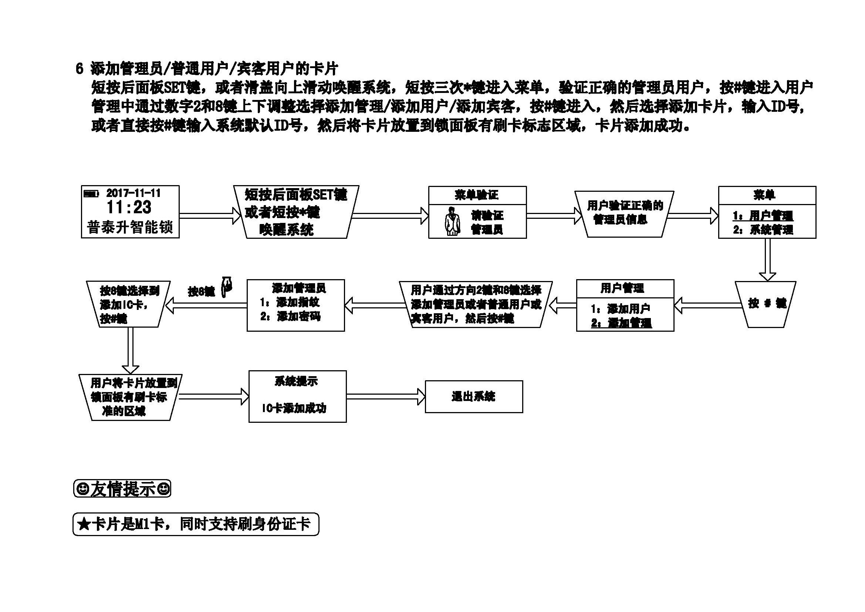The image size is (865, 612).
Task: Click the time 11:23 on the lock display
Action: tap(129, 207)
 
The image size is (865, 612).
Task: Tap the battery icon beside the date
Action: tap(90, 194)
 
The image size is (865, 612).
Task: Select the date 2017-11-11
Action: tap(134, 193)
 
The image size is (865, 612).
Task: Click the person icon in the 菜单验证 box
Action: tap(452, 222)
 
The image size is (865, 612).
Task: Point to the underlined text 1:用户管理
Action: tap(763, 216)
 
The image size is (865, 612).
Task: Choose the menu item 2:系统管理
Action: tap(763, 230)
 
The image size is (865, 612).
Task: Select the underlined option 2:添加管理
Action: tap(621, 323)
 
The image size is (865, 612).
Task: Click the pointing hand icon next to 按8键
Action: tap(227, 287)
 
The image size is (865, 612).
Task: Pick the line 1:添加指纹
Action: tap(290, 302)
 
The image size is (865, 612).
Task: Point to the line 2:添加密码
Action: tap(290, 317)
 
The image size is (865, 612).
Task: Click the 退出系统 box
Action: tap(474, 396)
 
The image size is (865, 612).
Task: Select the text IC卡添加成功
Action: tap(294, 408)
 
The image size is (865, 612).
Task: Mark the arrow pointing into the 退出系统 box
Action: tap(386, 397)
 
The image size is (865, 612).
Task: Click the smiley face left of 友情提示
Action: tap(82, 489)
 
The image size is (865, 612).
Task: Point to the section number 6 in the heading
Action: tap(79, 69)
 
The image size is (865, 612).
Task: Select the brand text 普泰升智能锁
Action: tap(129, 228)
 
